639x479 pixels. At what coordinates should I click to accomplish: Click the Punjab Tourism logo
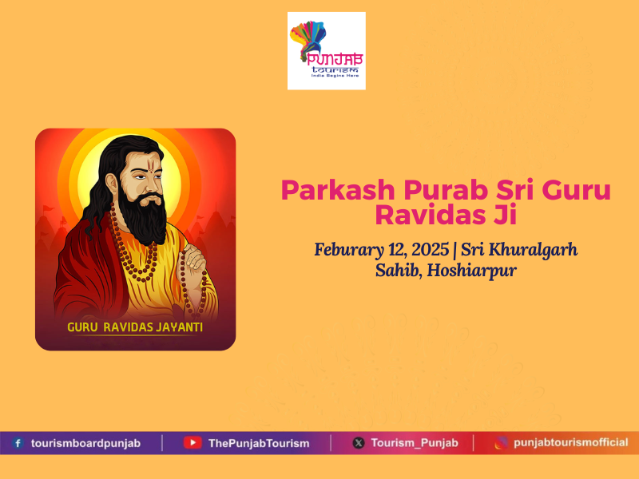tap(327, 51)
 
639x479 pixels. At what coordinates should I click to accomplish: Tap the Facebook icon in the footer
tap(18, 443)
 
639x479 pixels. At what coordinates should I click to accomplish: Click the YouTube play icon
tap(192, 443)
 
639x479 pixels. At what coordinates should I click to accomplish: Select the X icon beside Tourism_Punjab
tap(359, 443)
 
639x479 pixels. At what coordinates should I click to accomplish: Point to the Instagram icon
tap(502, 443)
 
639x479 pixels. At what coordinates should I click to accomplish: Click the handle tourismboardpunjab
tap(86, 443)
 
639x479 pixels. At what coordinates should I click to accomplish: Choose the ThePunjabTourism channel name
tap(259, 443)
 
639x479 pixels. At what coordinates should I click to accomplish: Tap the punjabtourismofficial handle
tap(571, 442)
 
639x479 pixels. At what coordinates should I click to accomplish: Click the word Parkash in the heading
tap(338, 191)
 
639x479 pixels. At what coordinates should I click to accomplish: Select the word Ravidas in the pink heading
tap(431, 215)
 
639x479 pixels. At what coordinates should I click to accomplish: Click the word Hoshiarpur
tap(472, 271)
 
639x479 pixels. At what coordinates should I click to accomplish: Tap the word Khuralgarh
tap(533, 250)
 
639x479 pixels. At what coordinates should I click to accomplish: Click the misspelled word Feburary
tap(349, 250)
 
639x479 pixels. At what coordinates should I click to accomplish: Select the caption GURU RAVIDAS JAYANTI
tap(135, 327)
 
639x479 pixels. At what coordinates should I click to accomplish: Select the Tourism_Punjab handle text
tap(415, 443)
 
